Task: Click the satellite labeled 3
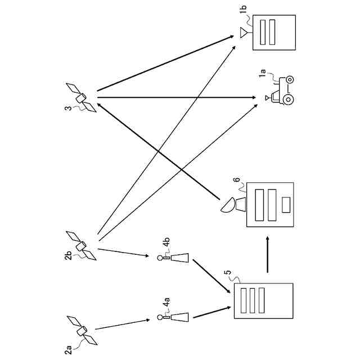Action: click(81, 98)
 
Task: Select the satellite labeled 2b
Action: click(81, 246)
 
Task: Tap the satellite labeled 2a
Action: click(82, 331)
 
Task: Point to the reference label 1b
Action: click(244, 9)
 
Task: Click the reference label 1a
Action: click(262, 73)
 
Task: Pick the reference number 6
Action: click(237, 179)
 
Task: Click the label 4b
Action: click(166, 242)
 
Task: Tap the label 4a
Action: click(166, 301)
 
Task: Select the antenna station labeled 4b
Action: click(173, 258)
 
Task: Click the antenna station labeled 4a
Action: click(173, 317)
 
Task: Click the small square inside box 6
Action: click(286, 205)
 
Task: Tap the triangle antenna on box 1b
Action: click(244, 33)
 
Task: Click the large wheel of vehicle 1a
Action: click(288, 100)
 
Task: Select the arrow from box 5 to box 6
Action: click(268, 254)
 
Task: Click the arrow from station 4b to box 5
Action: click(211, 276)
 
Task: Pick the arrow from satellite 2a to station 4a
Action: click(123, 325)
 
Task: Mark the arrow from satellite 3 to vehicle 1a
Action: click(177, 98)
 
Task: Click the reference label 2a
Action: click(68, 350)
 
